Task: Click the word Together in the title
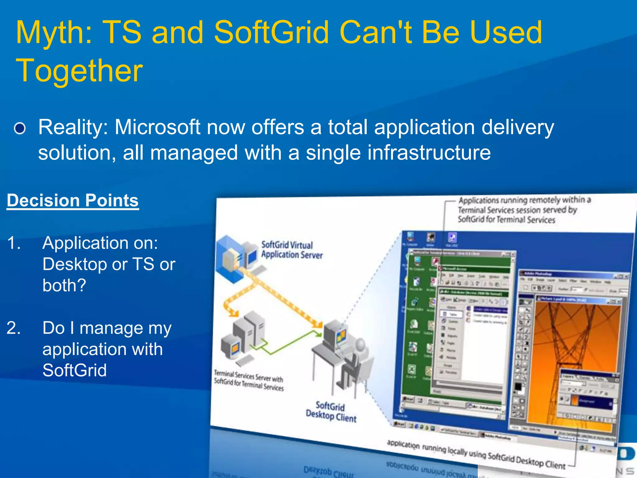coord(79,71)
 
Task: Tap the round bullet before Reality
coord(20,128)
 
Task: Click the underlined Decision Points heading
coord(73,200)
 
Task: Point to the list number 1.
coord(14,243)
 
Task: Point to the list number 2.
coord(14,328)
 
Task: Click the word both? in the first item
coord(64,285)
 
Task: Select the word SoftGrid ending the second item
coord(75,370)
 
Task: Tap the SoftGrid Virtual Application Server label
coord(291,250)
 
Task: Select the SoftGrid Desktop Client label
coord(331,411)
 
